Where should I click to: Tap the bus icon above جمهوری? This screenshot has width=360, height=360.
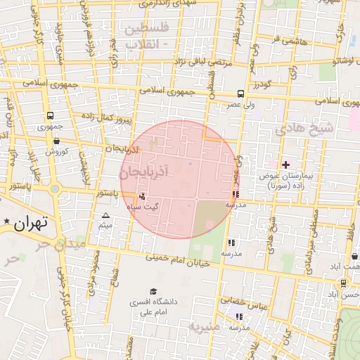50,116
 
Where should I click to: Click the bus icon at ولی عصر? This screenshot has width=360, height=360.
240,94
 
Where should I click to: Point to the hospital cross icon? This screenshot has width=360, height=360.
285,164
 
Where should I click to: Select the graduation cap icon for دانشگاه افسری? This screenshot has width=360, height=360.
153,292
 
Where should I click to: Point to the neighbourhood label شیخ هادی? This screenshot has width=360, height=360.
303,129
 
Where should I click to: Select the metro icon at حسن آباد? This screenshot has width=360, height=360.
343,283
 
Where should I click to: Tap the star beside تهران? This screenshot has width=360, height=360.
7,222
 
